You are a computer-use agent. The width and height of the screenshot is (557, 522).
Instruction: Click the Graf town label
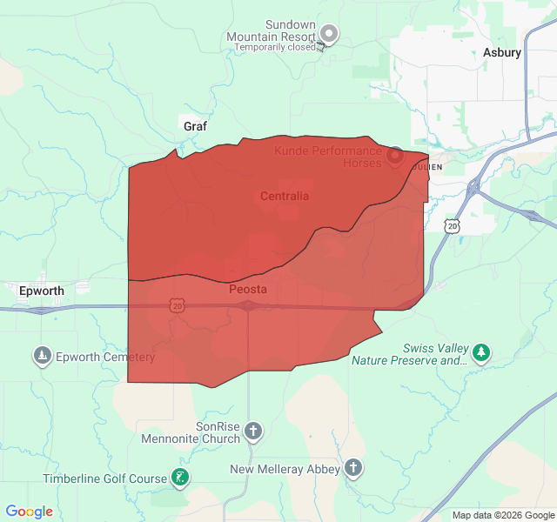195,126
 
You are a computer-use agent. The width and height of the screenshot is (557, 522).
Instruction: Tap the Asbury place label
502,52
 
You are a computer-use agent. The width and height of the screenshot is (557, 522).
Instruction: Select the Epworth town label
40,291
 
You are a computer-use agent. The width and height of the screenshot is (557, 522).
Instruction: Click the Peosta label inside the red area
248,289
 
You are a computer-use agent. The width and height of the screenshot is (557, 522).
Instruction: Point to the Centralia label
285,196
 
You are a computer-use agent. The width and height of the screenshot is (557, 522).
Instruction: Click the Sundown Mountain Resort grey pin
329,34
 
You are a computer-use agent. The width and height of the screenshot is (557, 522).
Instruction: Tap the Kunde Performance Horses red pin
394,155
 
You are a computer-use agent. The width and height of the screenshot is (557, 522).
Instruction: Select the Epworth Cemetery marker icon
42,355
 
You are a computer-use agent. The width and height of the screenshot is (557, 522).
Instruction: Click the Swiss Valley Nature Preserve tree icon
481,353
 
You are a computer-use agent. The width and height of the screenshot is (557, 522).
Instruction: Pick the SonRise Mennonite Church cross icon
253,431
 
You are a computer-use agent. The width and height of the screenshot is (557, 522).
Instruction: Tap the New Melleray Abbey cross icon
353,468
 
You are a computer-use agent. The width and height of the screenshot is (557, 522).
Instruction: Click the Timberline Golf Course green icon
179,477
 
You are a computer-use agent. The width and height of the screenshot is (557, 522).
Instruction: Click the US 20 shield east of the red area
452,226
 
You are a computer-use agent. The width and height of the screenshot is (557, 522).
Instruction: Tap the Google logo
30,512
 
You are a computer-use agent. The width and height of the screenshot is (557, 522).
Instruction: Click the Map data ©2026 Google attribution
502,515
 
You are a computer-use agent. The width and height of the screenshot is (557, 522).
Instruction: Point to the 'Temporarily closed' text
275,48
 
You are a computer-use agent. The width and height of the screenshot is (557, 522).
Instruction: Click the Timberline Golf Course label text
104,478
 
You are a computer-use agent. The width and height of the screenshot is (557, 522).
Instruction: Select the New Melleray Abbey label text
285,470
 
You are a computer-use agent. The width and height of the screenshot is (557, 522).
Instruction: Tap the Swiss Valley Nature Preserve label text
409,354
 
